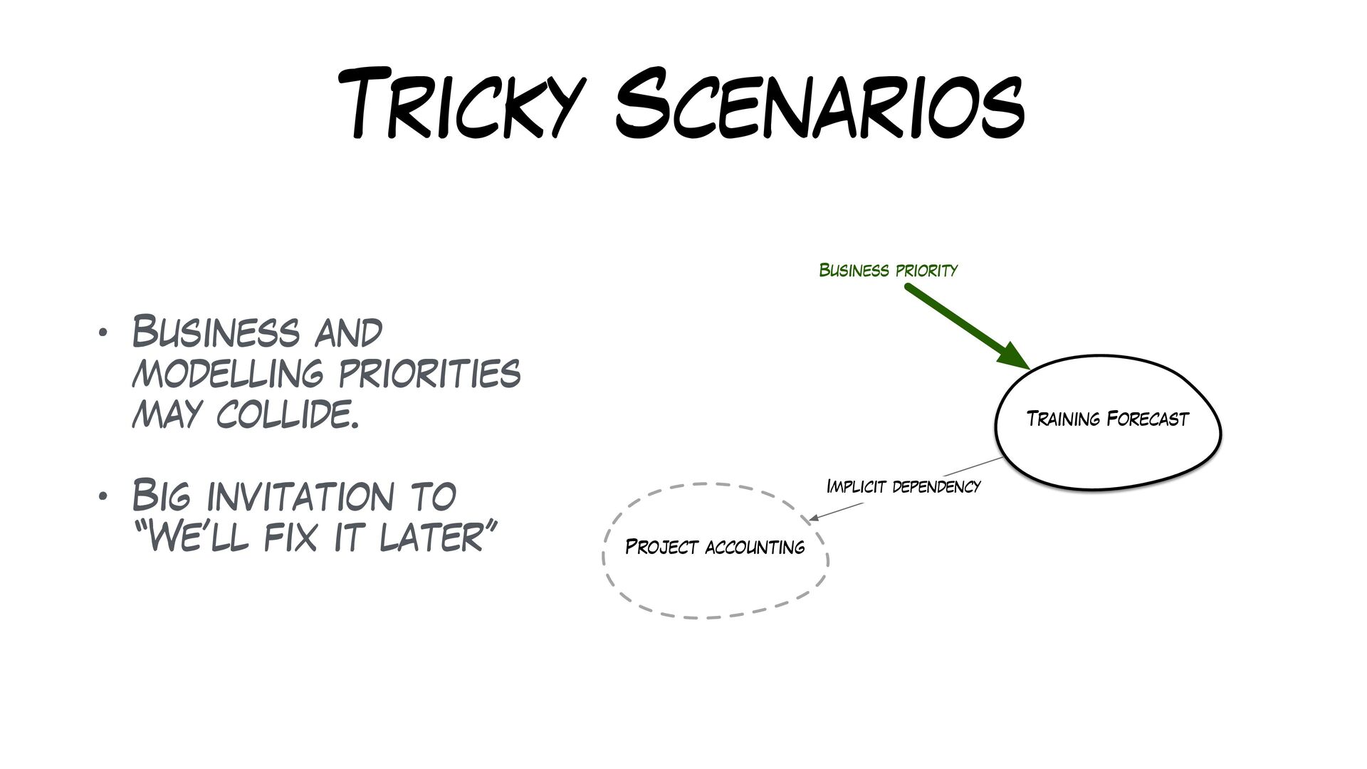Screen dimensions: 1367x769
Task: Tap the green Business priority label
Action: point(888,271)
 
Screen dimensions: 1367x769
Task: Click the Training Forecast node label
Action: point(1107,419)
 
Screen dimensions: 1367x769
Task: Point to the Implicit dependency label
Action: point(903,487)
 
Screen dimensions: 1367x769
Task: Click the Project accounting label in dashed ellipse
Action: point(714,548)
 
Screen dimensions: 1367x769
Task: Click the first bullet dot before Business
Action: point(103,333)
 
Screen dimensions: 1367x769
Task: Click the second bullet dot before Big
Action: point(103,496)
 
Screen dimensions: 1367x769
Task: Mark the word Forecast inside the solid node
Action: point(1148,419)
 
